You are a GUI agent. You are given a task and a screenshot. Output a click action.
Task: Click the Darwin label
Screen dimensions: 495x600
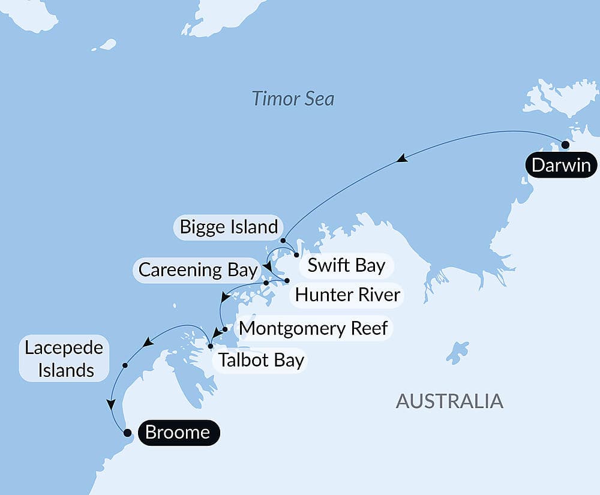(561, 165)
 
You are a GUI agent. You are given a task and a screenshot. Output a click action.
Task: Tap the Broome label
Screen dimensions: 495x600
(178, 432)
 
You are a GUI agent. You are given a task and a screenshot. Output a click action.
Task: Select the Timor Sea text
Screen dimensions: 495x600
(293, 98)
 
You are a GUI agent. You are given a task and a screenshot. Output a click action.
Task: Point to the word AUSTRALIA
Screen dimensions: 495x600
(449, 401)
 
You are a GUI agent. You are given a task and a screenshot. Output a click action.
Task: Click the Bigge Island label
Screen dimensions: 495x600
(229, 227)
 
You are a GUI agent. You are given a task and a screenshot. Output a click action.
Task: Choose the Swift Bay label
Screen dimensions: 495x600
(346, 265)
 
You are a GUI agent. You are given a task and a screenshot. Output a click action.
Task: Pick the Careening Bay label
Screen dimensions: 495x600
(197, 270)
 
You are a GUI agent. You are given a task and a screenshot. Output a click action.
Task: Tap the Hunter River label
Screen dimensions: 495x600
(347, 295)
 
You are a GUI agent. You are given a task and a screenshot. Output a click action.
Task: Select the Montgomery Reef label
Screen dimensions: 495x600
(313, 328)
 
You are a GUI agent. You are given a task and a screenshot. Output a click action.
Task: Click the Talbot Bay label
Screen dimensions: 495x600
(261, 361)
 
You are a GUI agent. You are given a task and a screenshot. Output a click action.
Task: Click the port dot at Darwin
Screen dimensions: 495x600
(565, 145)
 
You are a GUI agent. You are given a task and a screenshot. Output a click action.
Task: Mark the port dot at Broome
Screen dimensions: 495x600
(127, 432)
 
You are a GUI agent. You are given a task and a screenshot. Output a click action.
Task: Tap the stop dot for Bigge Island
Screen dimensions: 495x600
(283, 241)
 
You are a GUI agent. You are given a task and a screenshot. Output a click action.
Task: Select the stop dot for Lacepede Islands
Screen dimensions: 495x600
(125, 365)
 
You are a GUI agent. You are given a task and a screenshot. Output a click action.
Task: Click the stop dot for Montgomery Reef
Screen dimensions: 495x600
(224, 329)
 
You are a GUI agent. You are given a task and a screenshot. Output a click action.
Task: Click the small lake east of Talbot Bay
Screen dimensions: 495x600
(458, 352)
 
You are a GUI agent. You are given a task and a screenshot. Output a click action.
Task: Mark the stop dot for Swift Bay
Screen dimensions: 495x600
(296, 255)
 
